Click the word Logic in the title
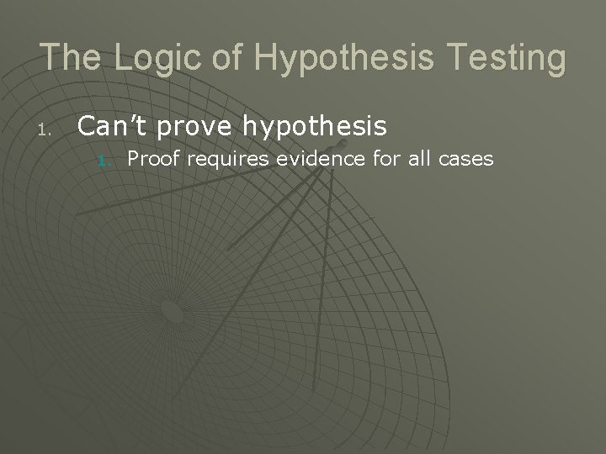pyautogui.click(x=149, y=57)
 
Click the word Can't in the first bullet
pyautogui.click(x=109, y=126)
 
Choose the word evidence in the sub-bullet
pyautogui.click(x=306, y=158)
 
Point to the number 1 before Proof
pyautogui.click(x=103, y=160)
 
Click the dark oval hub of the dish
pyautogui.click(x=172, y=312)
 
